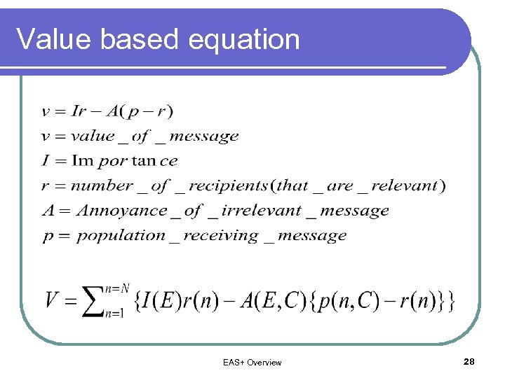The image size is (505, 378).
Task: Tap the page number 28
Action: tap(469, 361)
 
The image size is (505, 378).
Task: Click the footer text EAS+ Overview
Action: tap(252, 363)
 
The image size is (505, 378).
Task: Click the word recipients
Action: tap(228, 185)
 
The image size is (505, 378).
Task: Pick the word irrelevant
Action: tap(263, 211)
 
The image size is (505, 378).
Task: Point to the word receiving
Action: tap(220, 236)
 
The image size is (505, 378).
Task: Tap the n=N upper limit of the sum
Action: tap(116, 288)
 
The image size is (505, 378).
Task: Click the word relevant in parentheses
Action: tap(405, 185)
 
